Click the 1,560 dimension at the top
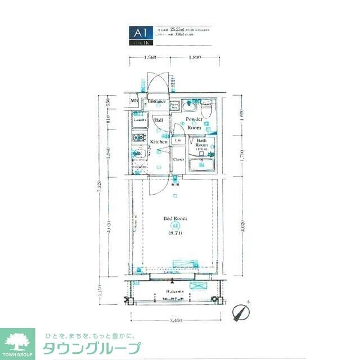pos(150,58)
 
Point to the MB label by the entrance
pos(134,101)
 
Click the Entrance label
pos(156,101)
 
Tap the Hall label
pos(159,120)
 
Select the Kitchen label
pos(159,142)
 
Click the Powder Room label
pos(194,123)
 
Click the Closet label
pos(178,159)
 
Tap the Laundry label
pos(139,120)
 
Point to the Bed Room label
pos(175,218)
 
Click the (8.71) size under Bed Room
pos(175,232)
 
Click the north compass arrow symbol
pos(242,310)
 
